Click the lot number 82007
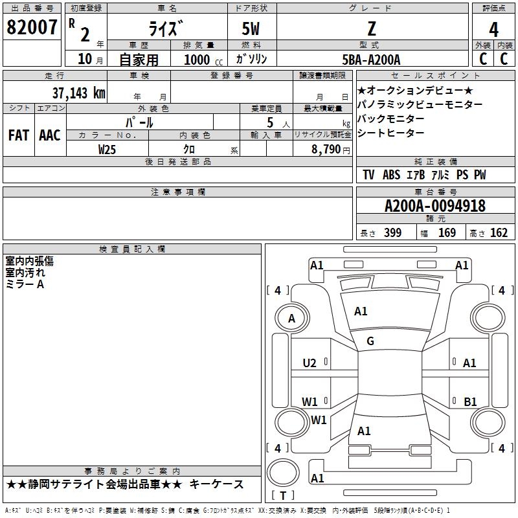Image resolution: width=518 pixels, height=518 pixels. (x=32, y=27)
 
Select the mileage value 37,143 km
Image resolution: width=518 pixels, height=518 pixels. (x=79, y=93)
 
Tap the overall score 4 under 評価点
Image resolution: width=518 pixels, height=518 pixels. (x=493, y=29)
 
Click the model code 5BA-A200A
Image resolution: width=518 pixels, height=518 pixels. (x=371, y=60)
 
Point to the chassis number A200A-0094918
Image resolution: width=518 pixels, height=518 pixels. (x=435, y=206)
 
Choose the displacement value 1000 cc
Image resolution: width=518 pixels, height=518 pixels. (x=203, y=60)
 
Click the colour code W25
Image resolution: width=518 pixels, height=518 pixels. (x=107, y=150)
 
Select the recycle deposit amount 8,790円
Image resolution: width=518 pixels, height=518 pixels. (x=331, y=150)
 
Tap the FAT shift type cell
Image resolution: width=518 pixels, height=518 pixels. (x=19, y=135)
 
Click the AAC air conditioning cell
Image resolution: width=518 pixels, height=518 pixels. (x=50, y=135)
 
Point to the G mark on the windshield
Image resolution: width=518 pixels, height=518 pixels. (x=370, y=341)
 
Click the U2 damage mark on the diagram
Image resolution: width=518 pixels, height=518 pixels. (x=310, y=363)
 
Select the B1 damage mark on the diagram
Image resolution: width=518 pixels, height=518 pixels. (x=470, y=401)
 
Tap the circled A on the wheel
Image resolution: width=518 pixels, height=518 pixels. (x=291, y=319)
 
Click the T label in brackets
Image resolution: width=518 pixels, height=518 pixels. (x=283, y=495)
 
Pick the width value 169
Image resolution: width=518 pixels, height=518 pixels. (x=447, y=232)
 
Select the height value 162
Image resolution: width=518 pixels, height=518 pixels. (x=499, y=232)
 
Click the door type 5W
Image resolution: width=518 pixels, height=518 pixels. (x=251, y=28)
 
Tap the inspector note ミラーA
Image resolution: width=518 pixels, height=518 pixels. (x=25, y=284)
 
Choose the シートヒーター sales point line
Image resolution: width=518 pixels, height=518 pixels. (x=390, y=133)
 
